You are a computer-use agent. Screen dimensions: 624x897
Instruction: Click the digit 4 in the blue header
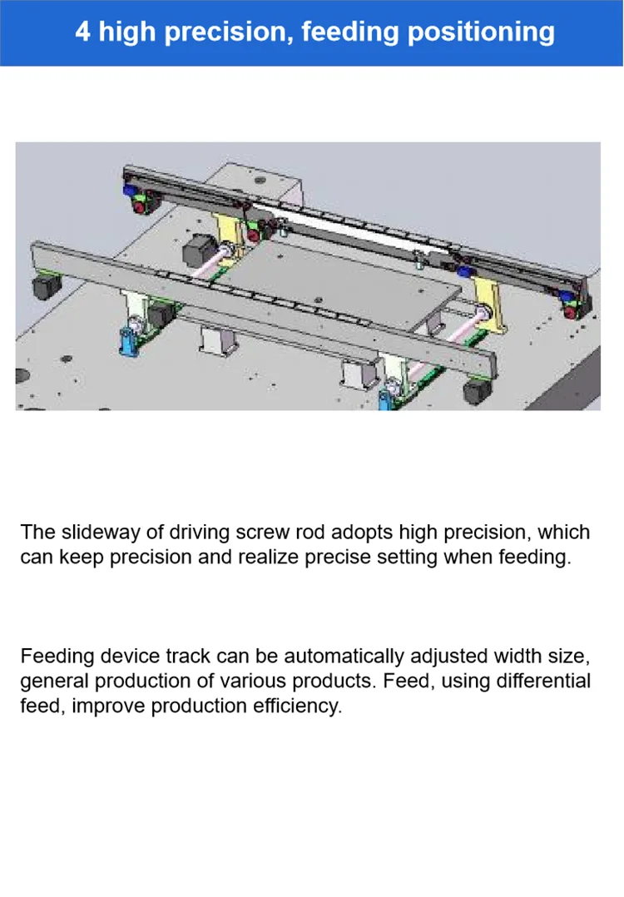(82, 32)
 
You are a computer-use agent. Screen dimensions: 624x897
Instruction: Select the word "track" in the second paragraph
(188, 657)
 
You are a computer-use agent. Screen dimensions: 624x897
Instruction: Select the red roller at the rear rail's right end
(570, 312)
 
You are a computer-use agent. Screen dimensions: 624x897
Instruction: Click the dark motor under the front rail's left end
(42, 289)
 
